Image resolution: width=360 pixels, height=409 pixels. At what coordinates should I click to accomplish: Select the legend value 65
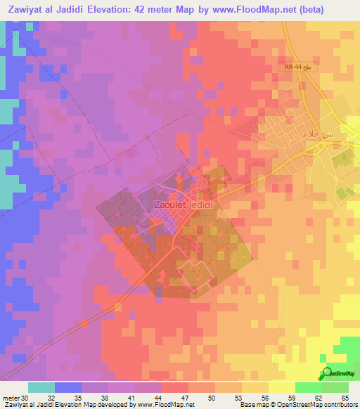click(346, 397)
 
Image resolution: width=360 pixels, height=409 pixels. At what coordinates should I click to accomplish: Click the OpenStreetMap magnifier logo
click(327, 375)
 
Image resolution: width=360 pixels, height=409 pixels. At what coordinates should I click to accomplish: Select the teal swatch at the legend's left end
click(41, 387)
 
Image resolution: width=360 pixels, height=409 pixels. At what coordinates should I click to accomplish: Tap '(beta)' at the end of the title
click(343, 9)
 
